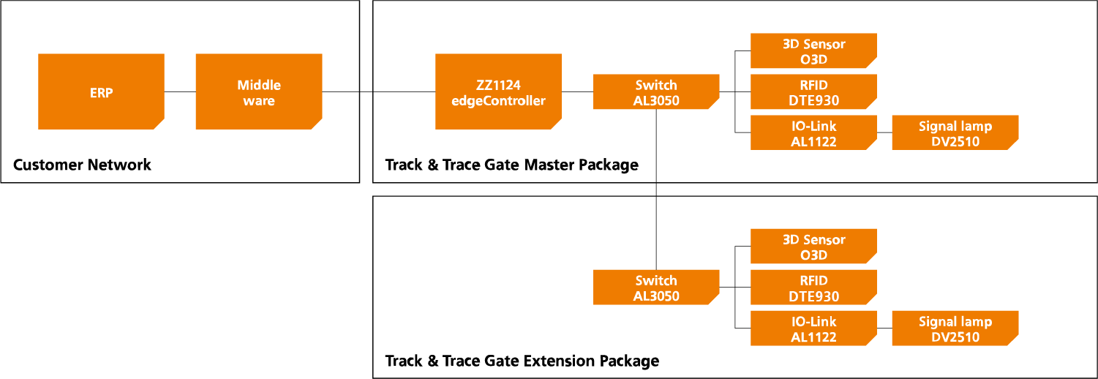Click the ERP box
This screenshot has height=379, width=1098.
101,91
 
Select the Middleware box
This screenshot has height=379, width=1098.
259,91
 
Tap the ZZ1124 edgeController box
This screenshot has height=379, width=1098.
498,91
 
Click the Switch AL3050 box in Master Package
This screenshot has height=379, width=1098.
656,92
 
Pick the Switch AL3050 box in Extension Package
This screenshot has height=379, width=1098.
656,288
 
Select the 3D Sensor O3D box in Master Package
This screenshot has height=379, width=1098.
813,50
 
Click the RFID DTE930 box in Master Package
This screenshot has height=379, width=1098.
813,92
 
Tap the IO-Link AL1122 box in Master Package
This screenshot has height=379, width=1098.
813,133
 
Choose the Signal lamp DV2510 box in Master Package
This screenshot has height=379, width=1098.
955,133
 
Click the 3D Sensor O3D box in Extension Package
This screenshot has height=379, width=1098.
813,247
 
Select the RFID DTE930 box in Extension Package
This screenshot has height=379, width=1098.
813,288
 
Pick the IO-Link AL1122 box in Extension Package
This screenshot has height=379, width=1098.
813,329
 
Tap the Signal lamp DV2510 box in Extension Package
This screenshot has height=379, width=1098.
955,329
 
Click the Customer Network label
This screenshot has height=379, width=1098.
82,165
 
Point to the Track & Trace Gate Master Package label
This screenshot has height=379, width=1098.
511,165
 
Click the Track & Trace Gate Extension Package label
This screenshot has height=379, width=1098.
522,361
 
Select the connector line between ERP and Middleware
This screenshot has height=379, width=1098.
180,91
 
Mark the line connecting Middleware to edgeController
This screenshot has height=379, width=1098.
378,91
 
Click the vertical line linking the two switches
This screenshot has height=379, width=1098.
656,190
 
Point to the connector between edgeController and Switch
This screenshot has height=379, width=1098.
577,91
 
